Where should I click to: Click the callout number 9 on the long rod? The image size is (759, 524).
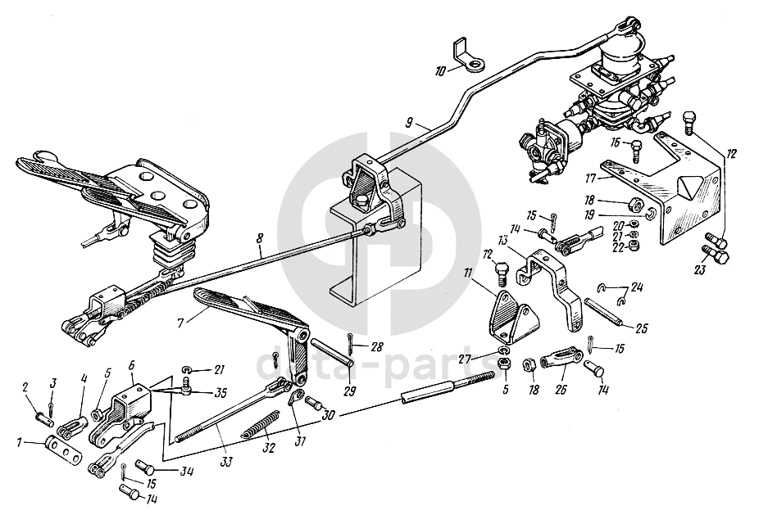(x=408, y=122)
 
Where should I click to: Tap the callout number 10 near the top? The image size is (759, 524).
(x=439, y=71)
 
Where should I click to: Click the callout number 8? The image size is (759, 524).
(x=260, y=240)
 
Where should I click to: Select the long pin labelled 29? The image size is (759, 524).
(x=331, y=352)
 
